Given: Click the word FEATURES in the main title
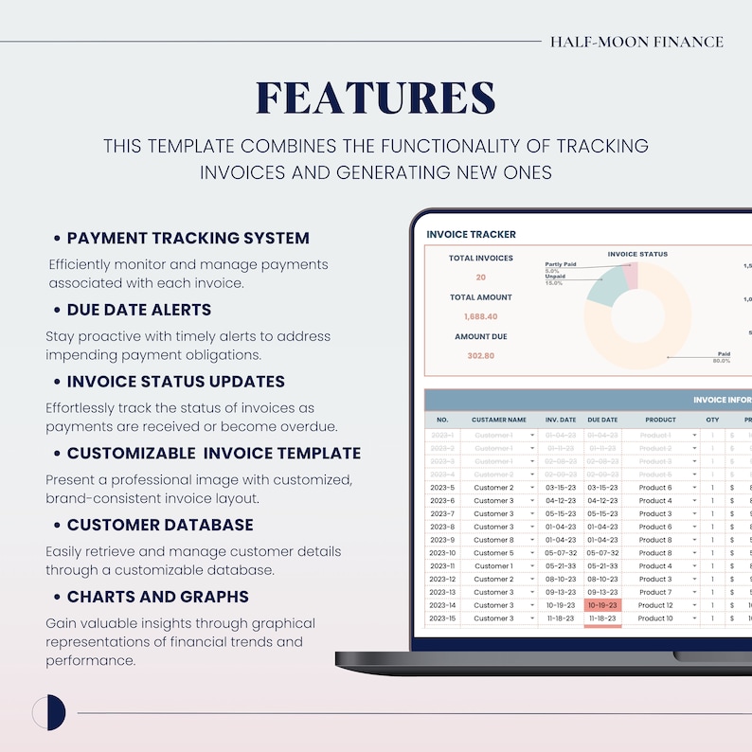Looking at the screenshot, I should tap(376, 98).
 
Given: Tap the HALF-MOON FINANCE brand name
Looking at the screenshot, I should tap(636, 42).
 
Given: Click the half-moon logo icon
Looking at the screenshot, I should tap(48, 712).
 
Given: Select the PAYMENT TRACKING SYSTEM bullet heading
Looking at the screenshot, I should tap(188, 238).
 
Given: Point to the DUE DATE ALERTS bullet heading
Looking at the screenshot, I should tap(138, 310).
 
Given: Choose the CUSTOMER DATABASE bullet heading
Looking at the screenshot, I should tap(159, 525).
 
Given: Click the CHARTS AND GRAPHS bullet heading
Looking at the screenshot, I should tap(157, 597).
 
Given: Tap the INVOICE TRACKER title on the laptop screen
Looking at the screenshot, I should tap(471, 234).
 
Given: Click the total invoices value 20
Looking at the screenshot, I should tap(480, 278).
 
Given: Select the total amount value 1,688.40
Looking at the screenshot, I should tap(480, 316).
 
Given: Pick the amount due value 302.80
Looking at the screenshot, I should tap(480, 356).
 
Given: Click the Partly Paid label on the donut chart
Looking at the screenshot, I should tap(562, 264).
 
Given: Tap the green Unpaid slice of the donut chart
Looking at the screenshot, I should tap(606, 285).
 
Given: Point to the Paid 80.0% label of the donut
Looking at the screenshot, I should tap(721, 357).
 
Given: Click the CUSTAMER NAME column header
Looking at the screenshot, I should tap(498, 420).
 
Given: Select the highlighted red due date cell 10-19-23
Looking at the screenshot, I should tap(602, 605).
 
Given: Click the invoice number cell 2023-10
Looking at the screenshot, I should tap(442, 553).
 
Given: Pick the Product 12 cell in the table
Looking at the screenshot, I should tap(654, 605).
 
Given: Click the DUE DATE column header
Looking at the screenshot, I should tap(602, 420).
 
